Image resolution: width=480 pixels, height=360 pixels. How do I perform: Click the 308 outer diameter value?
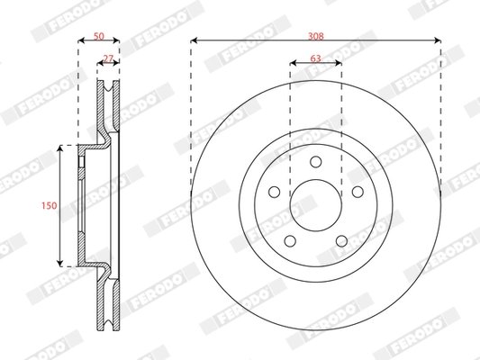pos(315,36)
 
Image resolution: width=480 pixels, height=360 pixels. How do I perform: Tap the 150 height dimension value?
pos(50,205)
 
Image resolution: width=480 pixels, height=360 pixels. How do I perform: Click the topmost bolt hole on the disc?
pos(315,161)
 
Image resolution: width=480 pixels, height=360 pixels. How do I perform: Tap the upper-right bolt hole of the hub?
pos(357,192)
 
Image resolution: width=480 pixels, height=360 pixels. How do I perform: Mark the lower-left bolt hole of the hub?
pos(290,240)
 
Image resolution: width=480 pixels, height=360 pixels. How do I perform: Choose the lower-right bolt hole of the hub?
pos(341,240)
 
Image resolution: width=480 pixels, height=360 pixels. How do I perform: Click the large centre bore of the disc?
pos(315,205)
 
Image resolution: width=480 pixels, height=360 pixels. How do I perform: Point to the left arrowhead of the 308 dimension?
pos(194,41)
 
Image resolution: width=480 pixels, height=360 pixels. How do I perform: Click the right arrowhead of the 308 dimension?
pos(438,41)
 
